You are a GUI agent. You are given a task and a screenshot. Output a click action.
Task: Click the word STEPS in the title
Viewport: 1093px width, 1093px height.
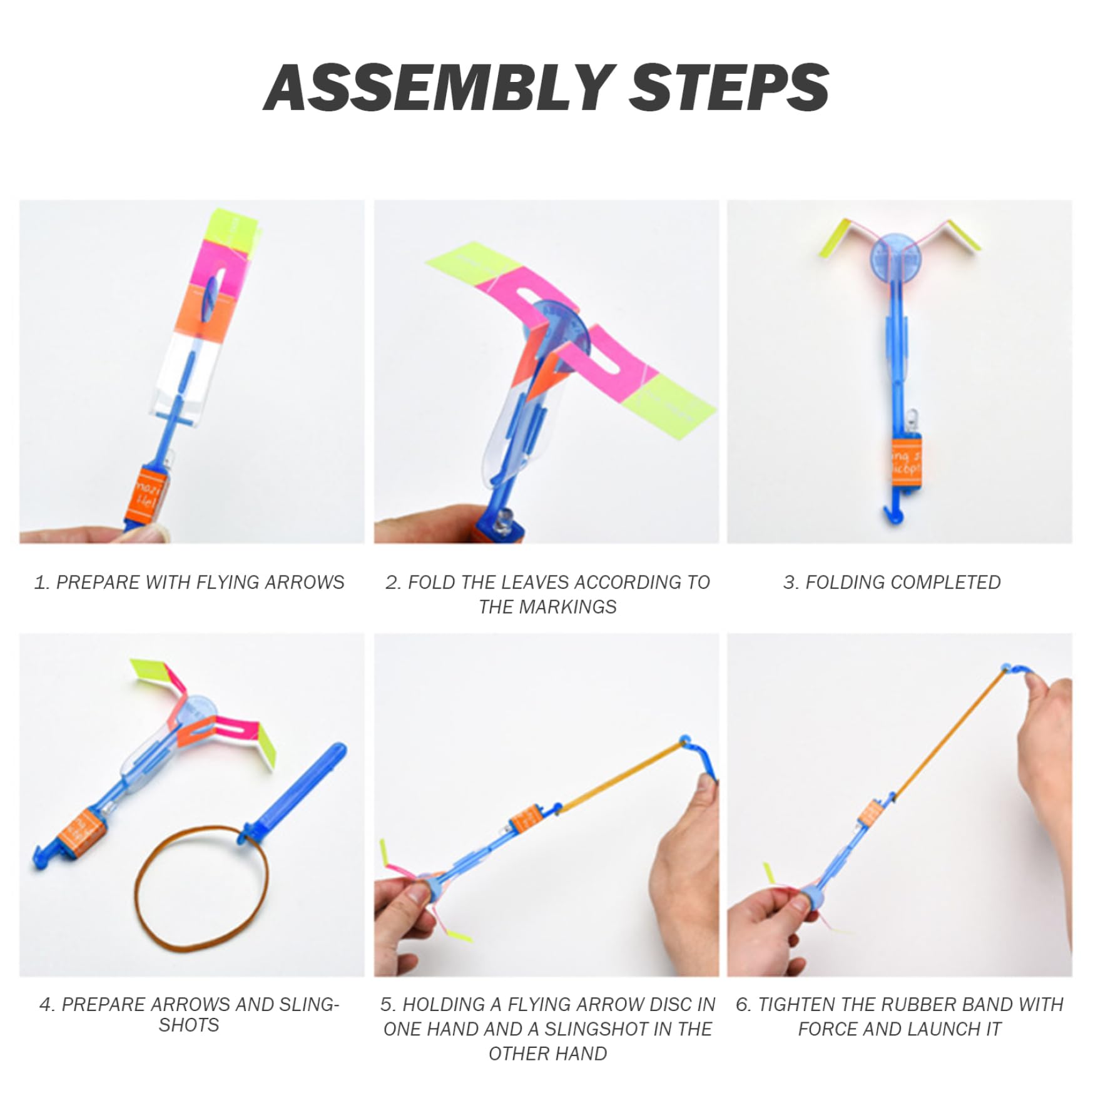click(730, 87)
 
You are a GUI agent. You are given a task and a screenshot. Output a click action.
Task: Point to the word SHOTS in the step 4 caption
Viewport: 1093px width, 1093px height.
click(189, 1025)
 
